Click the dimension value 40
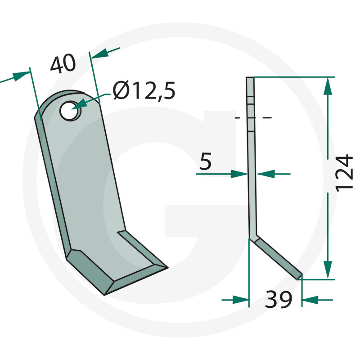[x=63, y=65]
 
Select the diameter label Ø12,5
[x=144, y=92]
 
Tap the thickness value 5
[x=205, y=162]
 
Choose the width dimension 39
[x=279, y=300]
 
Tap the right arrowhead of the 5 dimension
[x=265, y=174]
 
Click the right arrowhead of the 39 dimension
[x=310, y=299]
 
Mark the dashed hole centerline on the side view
[x=253, y=118]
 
